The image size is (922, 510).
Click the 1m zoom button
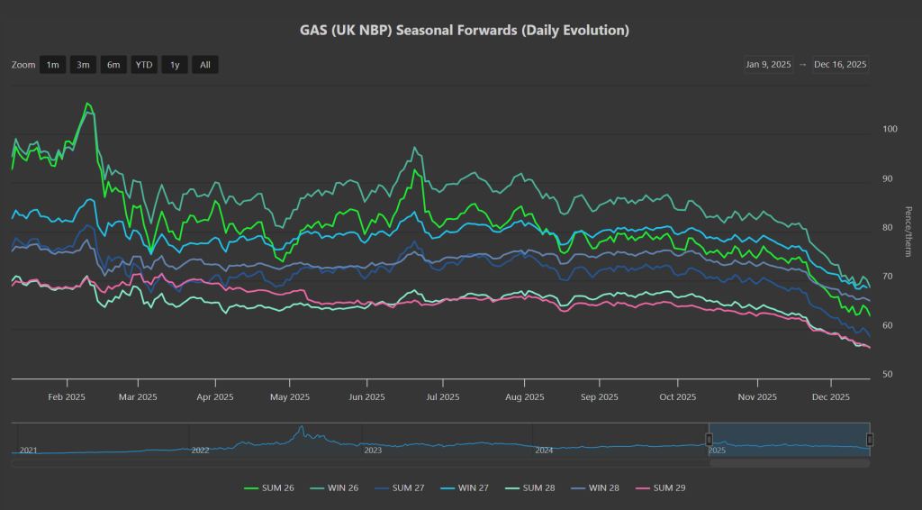point(53,64)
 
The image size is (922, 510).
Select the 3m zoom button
point(83,64)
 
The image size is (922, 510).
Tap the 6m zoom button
point(113,64)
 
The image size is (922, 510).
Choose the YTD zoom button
point(144,64)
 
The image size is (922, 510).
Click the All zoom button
point(205,64)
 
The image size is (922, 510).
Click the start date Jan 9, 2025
point(768,64)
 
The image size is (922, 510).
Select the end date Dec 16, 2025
point(840,64)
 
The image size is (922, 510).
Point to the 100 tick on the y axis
point(890,130)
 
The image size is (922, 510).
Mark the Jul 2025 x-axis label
point(442,396)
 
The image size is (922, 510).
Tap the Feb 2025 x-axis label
point(67,396)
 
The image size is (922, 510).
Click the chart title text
point(464,31)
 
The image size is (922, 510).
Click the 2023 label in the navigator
point(372,450)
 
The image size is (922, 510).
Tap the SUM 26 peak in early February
point(87,104)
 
